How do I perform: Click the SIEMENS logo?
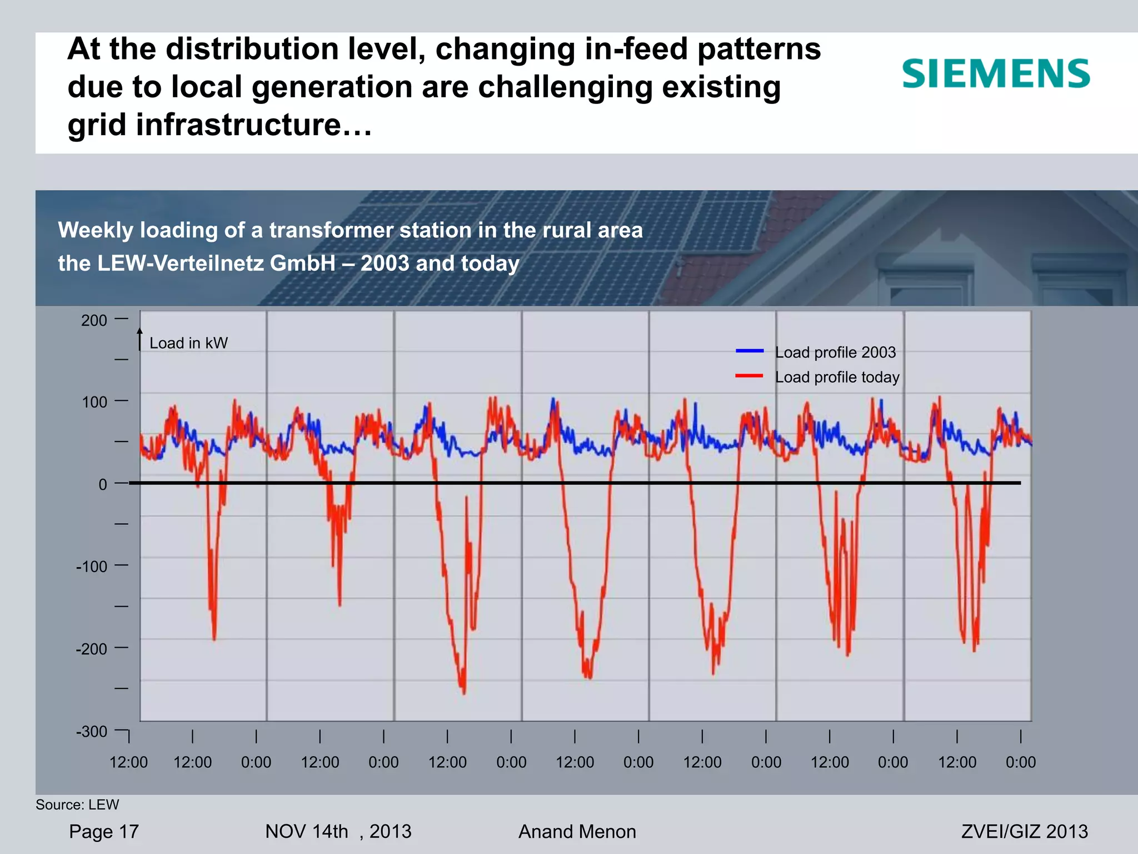click(x=996, y=74)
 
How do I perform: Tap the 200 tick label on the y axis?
click(x=94, y=321)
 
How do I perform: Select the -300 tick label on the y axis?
click(x=92, y=732)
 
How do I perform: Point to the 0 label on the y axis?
click(x=103, y=485)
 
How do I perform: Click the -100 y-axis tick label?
click(x=92, y=567)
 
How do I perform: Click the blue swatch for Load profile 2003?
click(x=750, y=351)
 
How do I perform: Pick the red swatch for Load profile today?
click(x=750, y=376)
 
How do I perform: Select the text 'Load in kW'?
click(x=188, y=343)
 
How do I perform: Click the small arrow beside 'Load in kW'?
click(x=140, y=339)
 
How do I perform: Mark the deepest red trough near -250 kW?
click(x=464, y=691)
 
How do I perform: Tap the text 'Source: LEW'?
click(x=77, y=805)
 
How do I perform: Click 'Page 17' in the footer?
click(x=104, y=832)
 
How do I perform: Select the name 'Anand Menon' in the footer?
click(x=577, y=832)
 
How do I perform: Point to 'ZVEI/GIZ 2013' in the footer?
click(x=1024, y=831)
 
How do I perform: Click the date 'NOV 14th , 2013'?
click(x=338, y=832)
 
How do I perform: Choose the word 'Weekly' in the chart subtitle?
click(x=95, y=230)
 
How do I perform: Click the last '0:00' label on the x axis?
click(x=1020, y=762)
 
